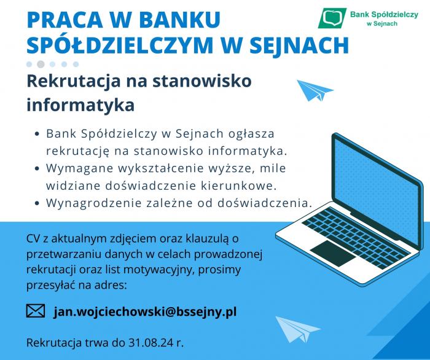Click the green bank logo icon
[x=332, y=18]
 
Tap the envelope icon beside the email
[x=36, y=311]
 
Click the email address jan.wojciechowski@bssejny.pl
[x=145, y=311]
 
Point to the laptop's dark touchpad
[x=333, y=253]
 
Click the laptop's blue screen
[x=377, y=189]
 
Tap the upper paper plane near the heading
[x=315, y=90]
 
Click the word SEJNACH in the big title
[x=299, y=45]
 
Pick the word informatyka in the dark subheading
[x=80, y=104]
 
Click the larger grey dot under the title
[x=41, y=64]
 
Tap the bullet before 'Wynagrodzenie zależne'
[x=37, y=204]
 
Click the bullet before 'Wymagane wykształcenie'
[x=37, y=168]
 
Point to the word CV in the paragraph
[x=33, y=238]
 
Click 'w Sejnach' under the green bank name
[x=382, y=23]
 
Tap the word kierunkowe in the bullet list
[x=238, y=186]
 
